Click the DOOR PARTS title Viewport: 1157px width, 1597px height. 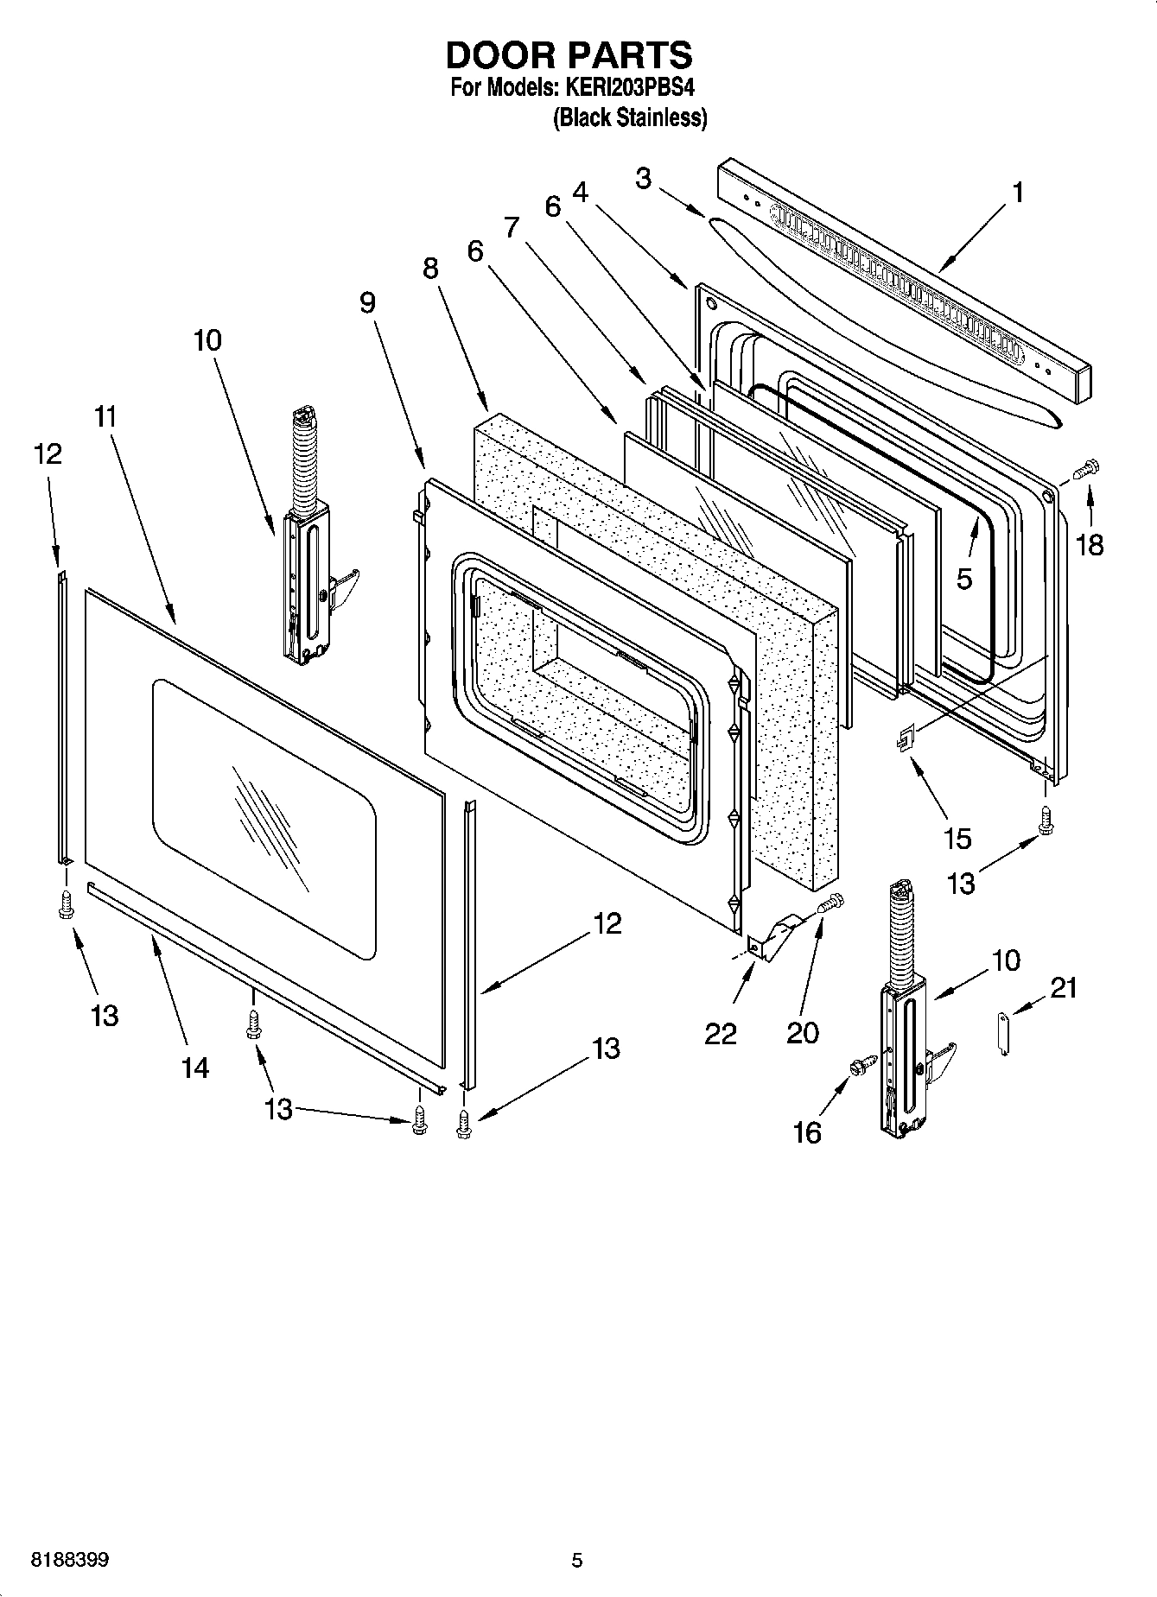[569, 55]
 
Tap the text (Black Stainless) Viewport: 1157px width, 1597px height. [630, 117]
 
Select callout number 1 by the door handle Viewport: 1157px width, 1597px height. [1018, 193]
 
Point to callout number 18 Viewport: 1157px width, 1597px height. [1090, 545]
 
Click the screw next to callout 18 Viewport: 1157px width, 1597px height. [1084, 469]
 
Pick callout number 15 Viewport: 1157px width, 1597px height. [957, 838]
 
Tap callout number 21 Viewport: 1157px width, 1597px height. [1064, 987]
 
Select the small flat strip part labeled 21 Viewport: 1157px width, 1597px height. [1002, 1036]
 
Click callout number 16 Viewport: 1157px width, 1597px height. [807, 1131]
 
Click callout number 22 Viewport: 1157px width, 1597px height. [720, 1033]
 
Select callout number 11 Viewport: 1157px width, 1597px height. [105, 417]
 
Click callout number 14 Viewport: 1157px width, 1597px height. [195, 1068]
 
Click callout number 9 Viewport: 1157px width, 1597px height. [368, 302]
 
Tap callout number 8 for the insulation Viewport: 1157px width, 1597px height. [430, 269]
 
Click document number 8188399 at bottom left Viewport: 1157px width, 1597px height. [70, 1560]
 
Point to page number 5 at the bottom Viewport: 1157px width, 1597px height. [577, 1560]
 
